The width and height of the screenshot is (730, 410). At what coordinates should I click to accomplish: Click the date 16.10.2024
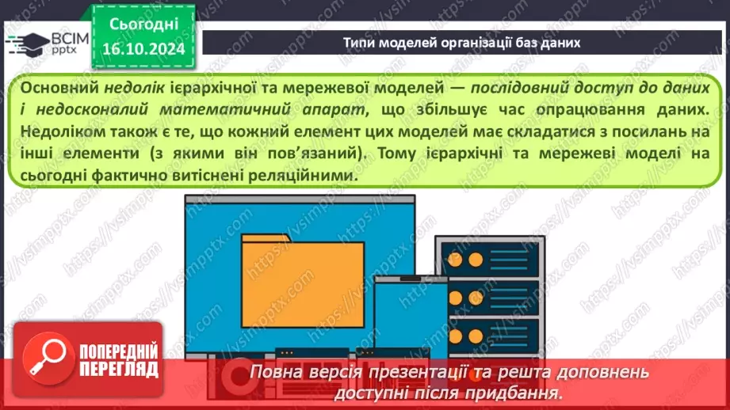pyautogui.click(x=142, y=49)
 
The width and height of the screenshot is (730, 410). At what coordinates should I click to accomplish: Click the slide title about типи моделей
pyautogui.click(x=461, y=43)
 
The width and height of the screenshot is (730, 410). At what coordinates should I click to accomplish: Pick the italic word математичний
pyautogui.click(x=250, y=108)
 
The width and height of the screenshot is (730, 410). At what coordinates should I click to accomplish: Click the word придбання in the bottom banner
pyautogui.click(x=520, y=392)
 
